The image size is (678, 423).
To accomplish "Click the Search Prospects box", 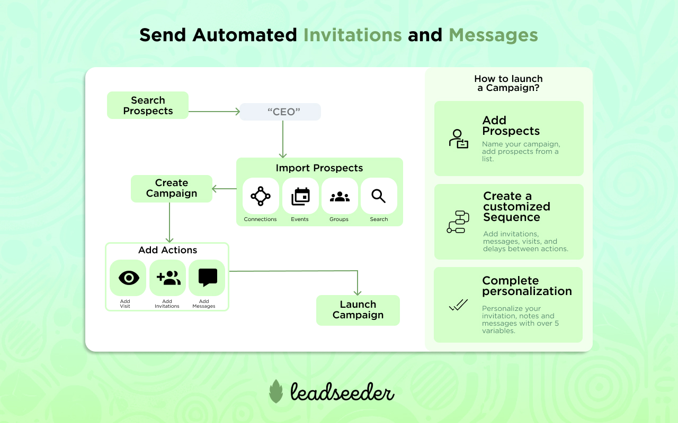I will [148, 105].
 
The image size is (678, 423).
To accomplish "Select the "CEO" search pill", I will [280, 112].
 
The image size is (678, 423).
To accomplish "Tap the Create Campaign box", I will [172, 189].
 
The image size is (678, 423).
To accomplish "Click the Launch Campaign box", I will [358, 310].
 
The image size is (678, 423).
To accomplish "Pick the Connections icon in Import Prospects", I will [261, 196].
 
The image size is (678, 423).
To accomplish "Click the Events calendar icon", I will [300, 196].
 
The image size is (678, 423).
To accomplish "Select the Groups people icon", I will [340, 197].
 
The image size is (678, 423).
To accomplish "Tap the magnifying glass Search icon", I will [379, 196].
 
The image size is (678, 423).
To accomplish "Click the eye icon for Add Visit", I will [129, 278].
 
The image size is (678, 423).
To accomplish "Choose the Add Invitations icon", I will [168, 278].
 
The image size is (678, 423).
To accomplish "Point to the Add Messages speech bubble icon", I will [208, 278].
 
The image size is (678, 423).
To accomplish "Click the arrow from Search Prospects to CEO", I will [214, 112].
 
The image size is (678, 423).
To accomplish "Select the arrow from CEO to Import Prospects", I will [283, 139].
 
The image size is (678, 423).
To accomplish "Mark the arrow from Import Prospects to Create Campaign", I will [224, 189].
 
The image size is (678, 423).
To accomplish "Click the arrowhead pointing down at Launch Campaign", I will [358, 292].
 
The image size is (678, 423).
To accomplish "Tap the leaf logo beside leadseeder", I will [276, 391].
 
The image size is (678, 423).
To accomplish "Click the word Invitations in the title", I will [352, 35].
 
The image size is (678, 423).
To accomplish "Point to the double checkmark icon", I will [458, 305].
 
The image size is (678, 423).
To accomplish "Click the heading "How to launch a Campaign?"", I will [508, 84].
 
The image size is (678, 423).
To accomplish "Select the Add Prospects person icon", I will [458, 139].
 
